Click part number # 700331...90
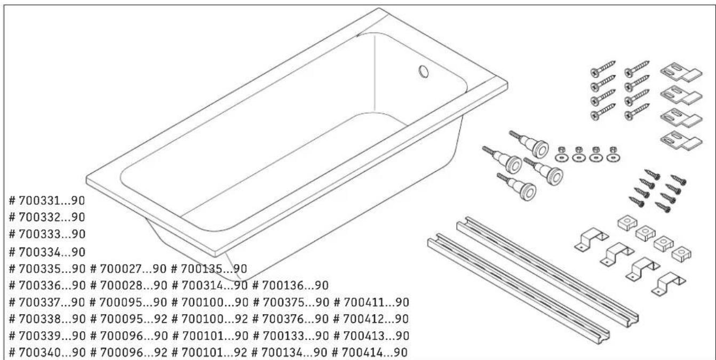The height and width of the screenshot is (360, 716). (47, 201)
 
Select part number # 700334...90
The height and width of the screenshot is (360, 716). (47, 251)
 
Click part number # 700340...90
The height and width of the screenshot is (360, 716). (47, 353)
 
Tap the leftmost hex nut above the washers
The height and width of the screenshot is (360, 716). (561, 149)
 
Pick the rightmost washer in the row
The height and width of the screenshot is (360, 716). (613, 158)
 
